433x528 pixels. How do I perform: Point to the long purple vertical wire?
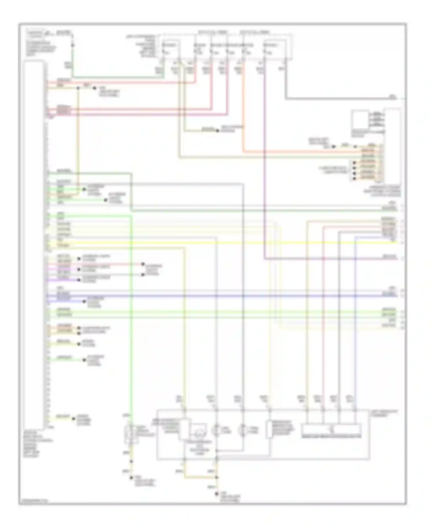[264, 173]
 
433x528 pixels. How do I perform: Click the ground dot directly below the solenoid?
[131, 477]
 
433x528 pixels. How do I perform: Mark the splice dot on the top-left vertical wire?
[72, 45]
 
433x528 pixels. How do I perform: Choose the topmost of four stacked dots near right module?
[354, 163]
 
